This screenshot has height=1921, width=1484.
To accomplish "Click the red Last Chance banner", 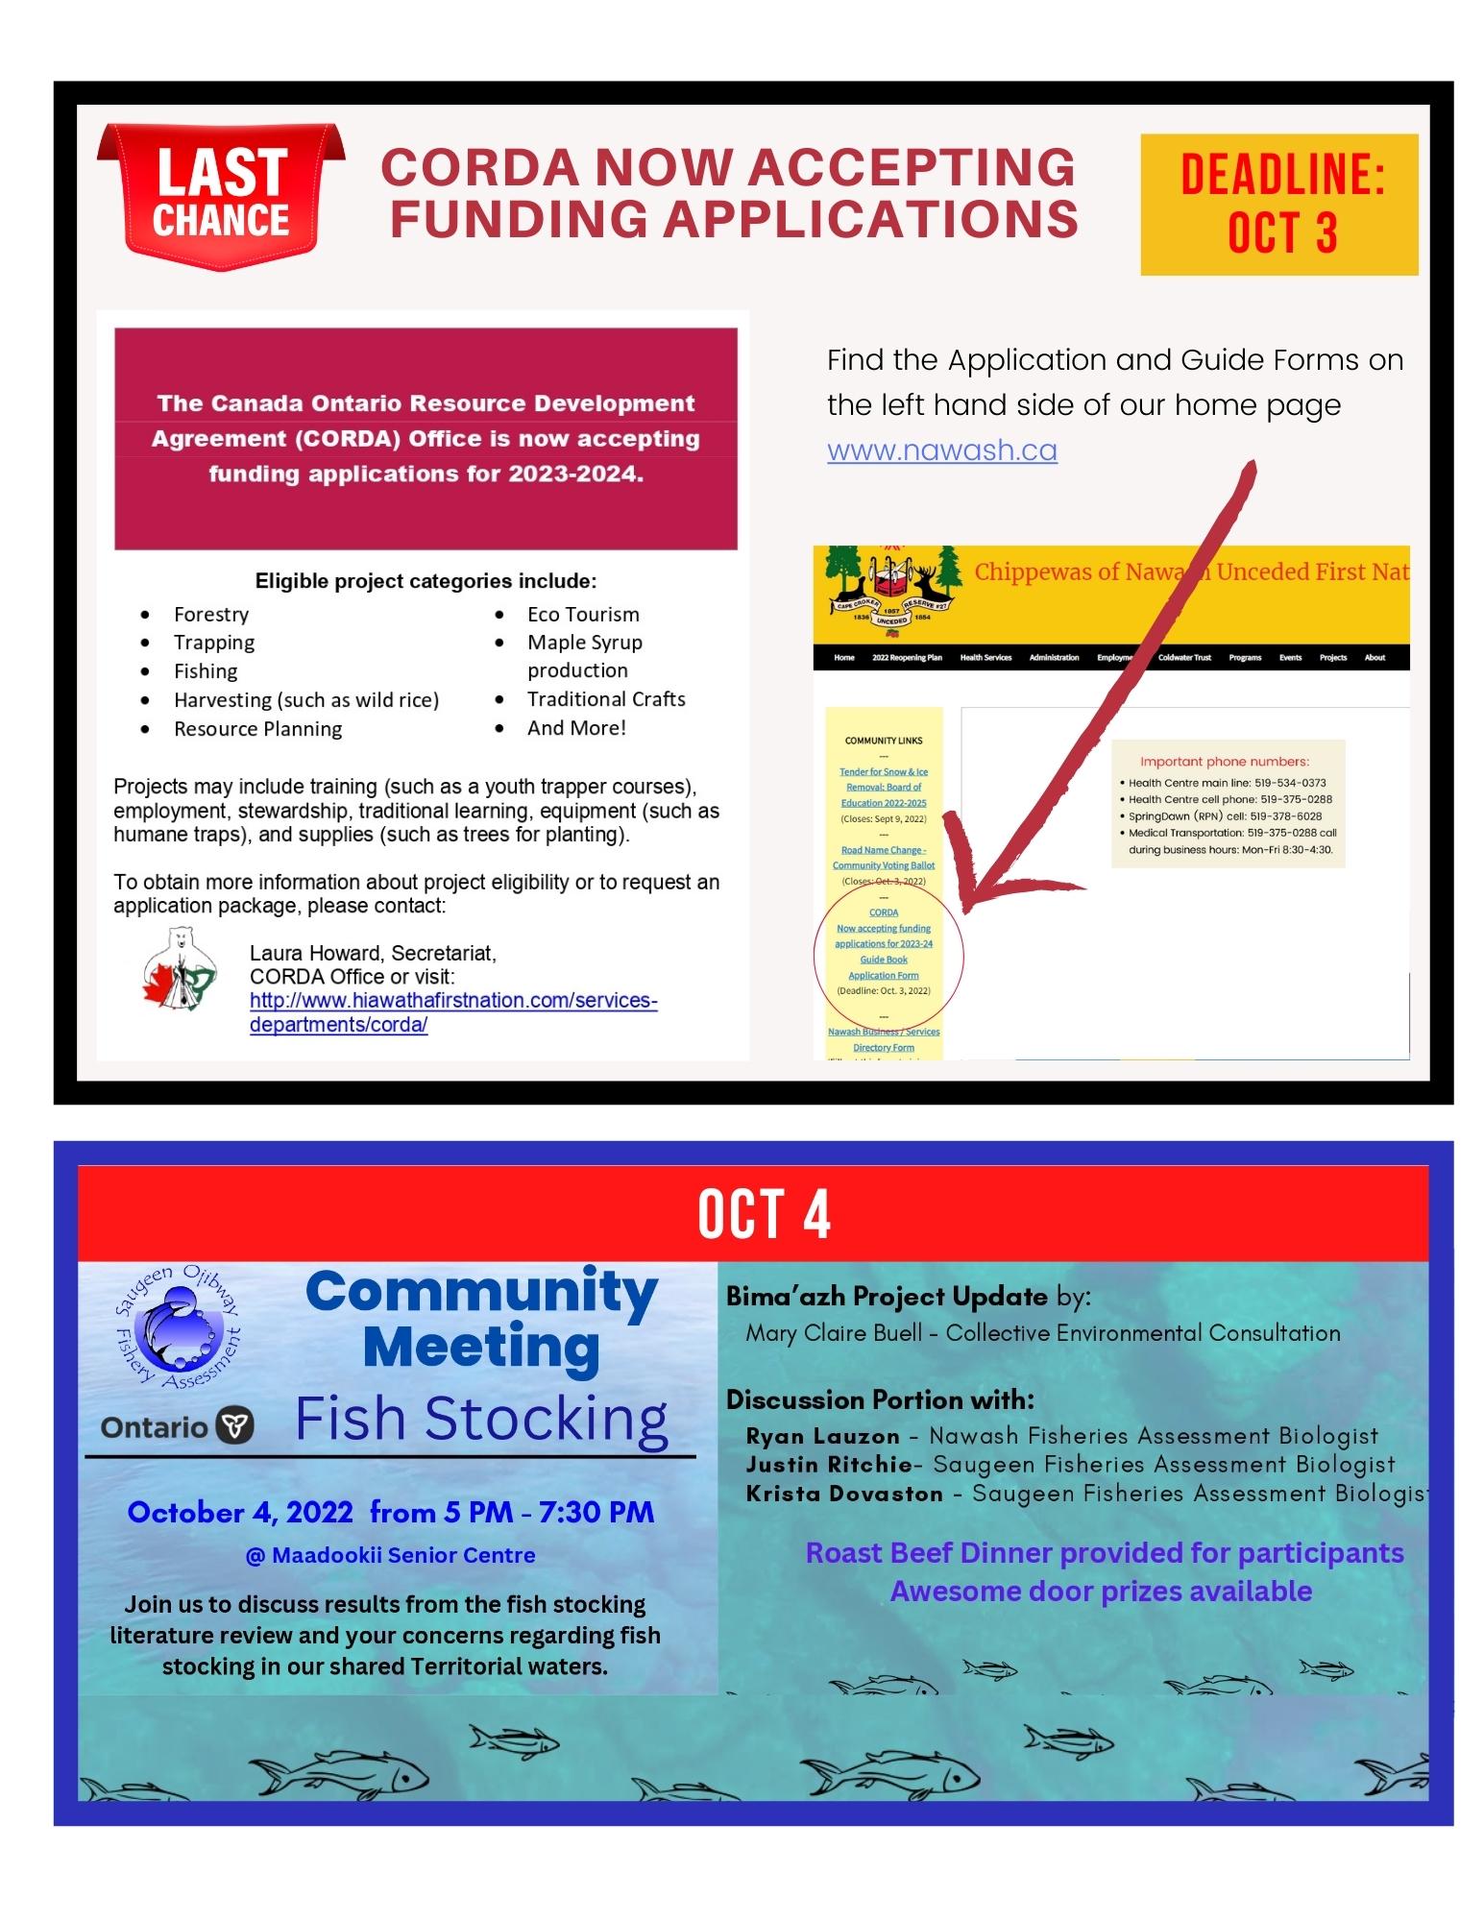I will coord(222,196).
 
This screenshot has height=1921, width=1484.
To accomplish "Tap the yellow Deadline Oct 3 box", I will coord(1278,204).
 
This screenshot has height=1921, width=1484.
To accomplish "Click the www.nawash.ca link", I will coord(941,450).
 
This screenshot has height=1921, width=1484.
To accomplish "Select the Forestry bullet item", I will coord(210,615).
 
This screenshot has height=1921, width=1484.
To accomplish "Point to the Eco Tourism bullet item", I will coord(582,615).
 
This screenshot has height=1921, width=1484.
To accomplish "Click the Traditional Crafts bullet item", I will coord(605,699).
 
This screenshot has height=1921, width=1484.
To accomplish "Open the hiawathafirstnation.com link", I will coord(452,1012).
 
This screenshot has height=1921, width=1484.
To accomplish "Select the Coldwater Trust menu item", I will coord(1184,658).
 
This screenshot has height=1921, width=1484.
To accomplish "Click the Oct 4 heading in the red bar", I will coord(763,1214).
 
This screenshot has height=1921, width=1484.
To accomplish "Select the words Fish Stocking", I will coord(480,1419).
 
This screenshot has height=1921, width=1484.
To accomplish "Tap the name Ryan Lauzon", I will coord(822,1437).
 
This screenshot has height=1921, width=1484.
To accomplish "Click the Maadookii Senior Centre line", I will coord(390,1555).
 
